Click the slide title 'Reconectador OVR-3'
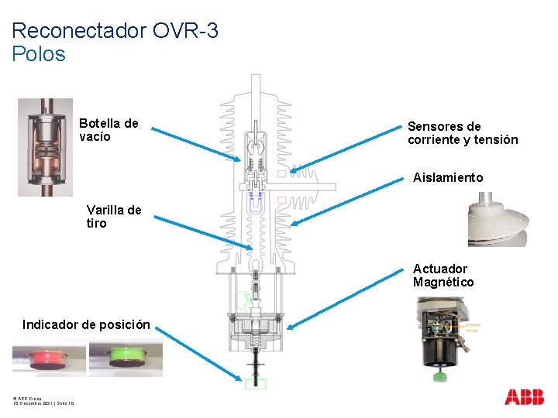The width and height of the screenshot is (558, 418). [x=115, y=31]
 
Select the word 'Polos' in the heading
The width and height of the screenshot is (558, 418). [x=39, y=54]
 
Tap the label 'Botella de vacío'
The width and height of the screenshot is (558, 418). [x=108, y=130]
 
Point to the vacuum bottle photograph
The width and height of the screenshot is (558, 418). [x=46, y=146]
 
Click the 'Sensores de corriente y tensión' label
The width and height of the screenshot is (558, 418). [x=463, y=133]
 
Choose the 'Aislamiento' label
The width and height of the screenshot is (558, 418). [x=447, y=177]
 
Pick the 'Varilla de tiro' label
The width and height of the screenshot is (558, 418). [x=114, y=217]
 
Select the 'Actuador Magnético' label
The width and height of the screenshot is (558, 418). [x=443, y=276]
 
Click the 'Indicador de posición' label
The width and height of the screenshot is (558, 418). [x=86, y=324]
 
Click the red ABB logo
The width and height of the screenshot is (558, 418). [x=525, y=397]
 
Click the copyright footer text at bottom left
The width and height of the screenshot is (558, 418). [x=43, y=400]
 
